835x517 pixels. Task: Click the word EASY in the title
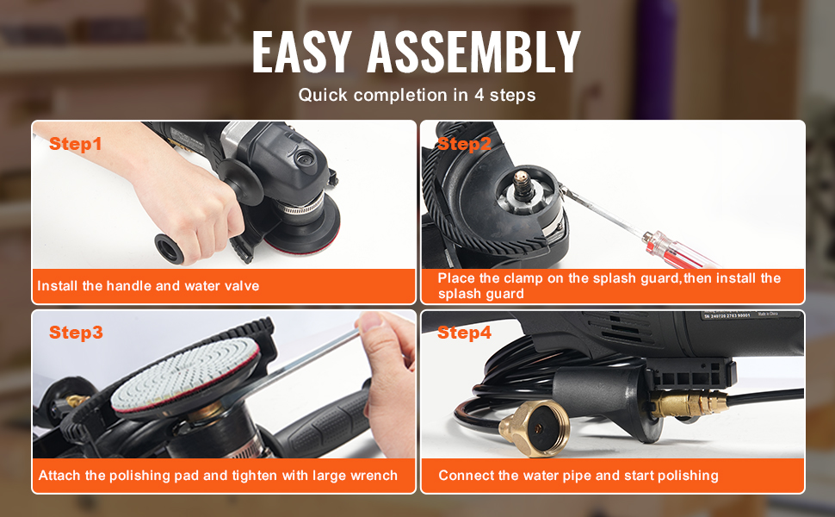[x=302, y=52]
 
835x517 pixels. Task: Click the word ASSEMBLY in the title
[x=474, y=52]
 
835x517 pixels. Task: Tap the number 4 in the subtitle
[x=479, y=95]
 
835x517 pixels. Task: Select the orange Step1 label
[x=75, y=144]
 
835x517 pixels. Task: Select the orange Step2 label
[x=464, y=144]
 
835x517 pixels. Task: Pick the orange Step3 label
[x=76, y=333]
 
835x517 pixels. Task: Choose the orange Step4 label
[x=464, y=333]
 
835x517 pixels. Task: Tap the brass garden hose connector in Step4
[x=535, y=428]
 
